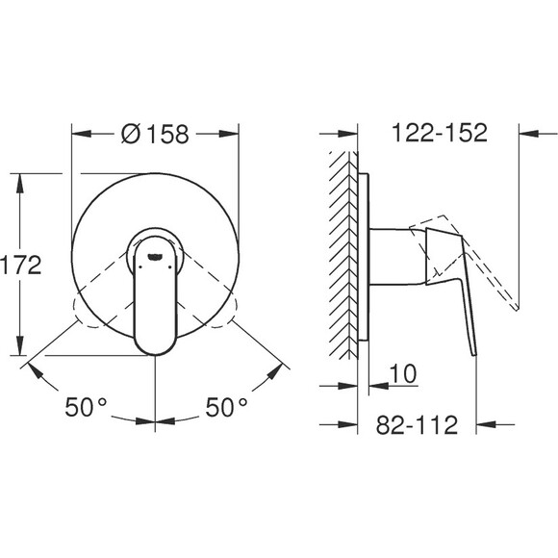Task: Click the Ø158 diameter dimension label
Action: click(155, 134)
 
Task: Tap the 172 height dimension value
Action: click(20, 265)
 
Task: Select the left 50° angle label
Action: click(86, 407)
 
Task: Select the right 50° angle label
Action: click(226, 407)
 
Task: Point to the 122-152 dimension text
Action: click(440, 133)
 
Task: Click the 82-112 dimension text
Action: click(417, 424)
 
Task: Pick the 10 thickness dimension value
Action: click(403, 373)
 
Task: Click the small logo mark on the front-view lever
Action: click(155, 257)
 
